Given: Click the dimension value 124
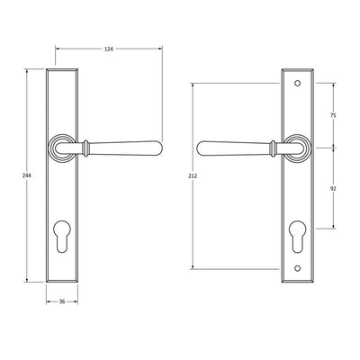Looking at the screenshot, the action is click(x=109, y=49).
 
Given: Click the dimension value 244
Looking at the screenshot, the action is click(x=27, y=175).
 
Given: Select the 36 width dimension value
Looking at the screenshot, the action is click(x=62, y=301).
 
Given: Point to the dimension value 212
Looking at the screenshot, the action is click(x=193, y=176).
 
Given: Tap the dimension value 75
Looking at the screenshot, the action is click(x=333, y=115).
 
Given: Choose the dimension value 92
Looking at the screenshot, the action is click(x=333, y=188).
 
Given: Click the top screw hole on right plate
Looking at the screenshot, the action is click(x=297, y=83).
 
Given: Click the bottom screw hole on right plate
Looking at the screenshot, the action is click(x=297, y=268).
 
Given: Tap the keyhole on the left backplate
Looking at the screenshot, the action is click(x=62, y=237).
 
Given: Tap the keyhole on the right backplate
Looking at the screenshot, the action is click(x=297, y=237).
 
